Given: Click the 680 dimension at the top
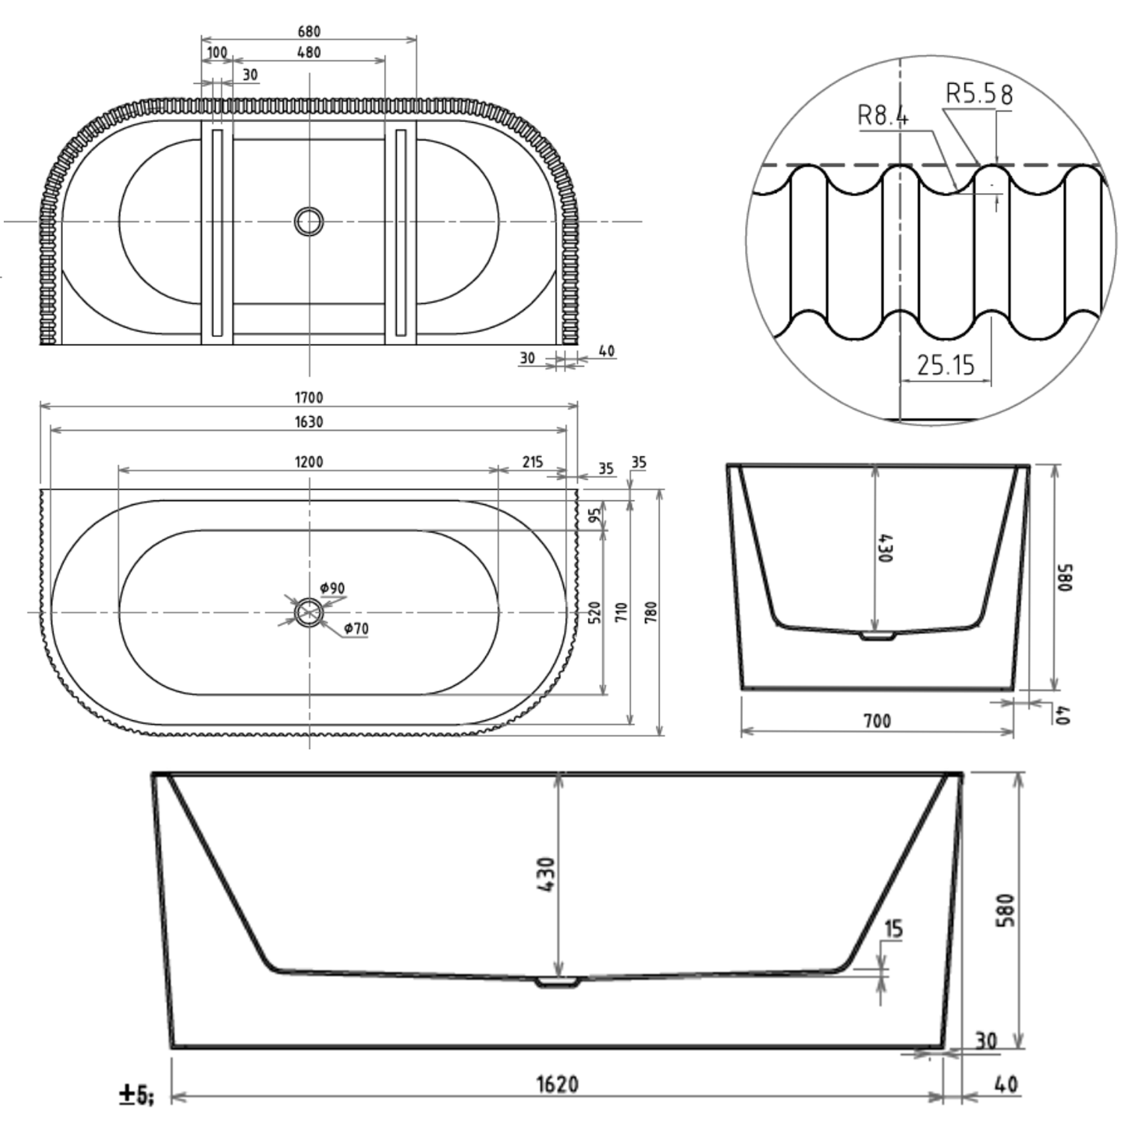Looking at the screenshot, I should pos(308,31).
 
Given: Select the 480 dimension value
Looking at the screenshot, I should pos(308,52).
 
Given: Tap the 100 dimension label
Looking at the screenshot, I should pos(216,52).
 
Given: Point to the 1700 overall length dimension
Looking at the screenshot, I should pos(308,398).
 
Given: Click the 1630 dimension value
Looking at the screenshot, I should pos(308,421).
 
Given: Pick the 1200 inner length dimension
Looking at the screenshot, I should pos(308,462).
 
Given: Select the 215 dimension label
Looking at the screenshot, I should pos(532,462).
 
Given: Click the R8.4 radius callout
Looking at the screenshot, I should pos(883,116).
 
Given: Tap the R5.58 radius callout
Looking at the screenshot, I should pos(979,94).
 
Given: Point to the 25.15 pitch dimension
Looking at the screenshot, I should pos(946,365).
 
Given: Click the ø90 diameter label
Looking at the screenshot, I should pos(332,588).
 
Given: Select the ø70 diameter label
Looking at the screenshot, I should pos(356,628).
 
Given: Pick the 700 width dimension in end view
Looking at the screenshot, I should pos(877,721).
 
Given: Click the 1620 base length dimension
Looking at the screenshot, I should pos(557,1084).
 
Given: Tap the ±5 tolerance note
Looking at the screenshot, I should pos(136,1095).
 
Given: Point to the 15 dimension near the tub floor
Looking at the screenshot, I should pos(893,929).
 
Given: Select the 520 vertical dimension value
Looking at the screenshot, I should pos(594,612).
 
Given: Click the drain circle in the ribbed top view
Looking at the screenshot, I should pos(308,221).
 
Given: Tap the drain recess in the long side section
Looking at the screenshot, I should pos(558,982).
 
